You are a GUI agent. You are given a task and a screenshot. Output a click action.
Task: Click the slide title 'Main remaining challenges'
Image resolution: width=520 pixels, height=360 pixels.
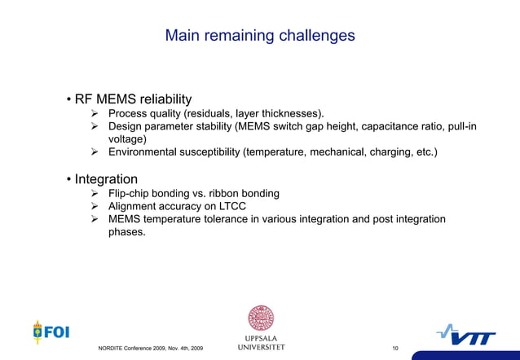[x=260, y=36]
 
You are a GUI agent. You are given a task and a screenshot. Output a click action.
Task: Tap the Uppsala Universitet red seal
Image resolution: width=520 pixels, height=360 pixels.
[x=261, y=318]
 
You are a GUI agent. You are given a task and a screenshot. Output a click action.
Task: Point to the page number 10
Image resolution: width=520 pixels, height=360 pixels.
[x=395, y=349]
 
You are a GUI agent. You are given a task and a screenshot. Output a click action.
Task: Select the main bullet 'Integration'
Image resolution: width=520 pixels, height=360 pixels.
[x=106, y=178]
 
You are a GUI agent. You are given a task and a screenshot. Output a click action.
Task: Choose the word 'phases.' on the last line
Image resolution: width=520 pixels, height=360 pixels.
[x=126, y=233]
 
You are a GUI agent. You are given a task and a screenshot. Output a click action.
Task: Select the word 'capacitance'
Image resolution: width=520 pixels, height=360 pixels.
[x=387, y=126]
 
